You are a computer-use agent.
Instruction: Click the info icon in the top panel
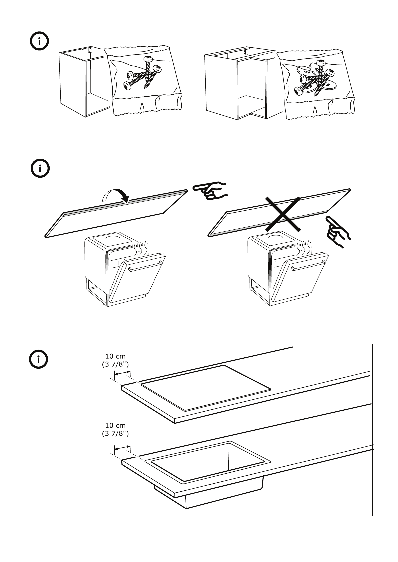tap(39, 42)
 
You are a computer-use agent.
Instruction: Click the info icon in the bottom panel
tap(39, 360)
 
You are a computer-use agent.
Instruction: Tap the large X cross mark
tap(283, 214)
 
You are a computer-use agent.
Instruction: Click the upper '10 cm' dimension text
tap(115, 356)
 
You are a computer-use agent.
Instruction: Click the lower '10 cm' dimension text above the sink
tap(115, 425)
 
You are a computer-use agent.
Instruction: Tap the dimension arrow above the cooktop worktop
tap(122, 374)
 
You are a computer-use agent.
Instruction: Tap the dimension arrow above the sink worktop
tap(122, 447)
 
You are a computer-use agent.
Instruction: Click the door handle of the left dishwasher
tap(146, 266)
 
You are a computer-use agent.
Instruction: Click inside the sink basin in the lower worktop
tap(207, 462)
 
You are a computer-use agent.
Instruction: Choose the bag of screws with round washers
tap(316, 83)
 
